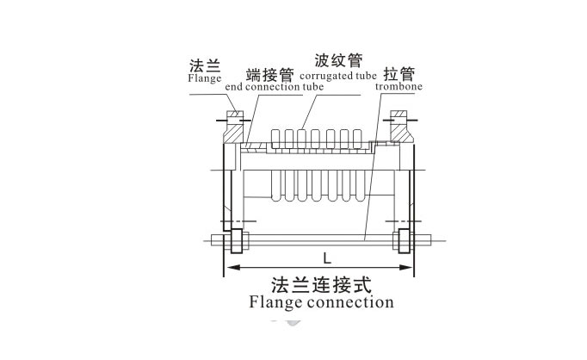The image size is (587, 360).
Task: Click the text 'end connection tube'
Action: (x=262, y=87)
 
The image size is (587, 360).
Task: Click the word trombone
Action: (x=398, y=86)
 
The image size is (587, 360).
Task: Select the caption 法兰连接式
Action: (x=320, y=284)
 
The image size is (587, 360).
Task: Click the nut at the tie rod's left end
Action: (x=234, y=241)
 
